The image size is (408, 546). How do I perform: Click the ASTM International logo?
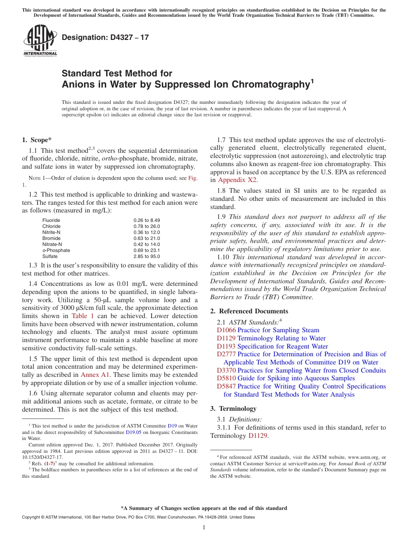pyautogui.click(x=40, y=40)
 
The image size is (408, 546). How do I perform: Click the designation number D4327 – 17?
pyautogui.click(x=105, y=37)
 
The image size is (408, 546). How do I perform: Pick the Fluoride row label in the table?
pyautogui.click(x=51, y=220)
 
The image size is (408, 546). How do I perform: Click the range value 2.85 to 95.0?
pyautogui.click(x=146, y=256)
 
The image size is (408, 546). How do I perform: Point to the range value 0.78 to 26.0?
pyautogui.click(x=146, y=226)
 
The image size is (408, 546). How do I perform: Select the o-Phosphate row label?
pyautogui.click(x=56, y=250)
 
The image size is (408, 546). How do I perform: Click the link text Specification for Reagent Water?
pyautogui.click(x=283, y=346)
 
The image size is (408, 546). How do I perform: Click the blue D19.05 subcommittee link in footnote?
pyautogui.click(x=133, y=432)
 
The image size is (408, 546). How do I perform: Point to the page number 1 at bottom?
pyautogui.click(x=204, y=528)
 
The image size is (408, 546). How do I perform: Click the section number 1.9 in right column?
pyautogui.click(x=222, y=217)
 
